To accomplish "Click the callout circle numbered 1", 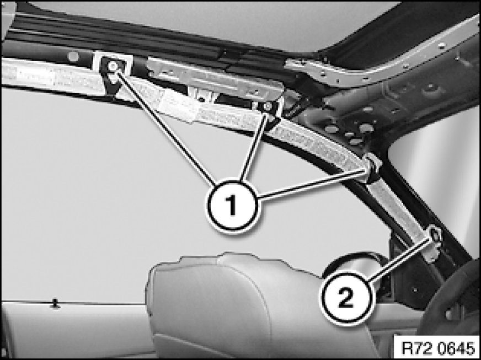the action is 233,206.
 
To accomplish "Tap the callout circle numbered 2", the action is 346,298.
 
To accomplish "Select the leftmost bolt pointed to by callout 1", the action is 113,65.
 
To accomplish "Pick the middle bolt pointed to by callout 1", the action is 268,106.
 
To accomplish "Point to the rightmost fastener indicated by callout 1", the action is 372,167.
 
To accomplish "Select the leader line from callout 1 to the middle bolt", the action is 253,147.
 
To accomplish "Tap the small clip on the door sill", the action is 55,304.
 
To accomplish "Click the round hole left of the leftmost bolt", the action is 73,56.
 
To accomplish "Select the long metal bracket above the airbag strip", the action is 215,78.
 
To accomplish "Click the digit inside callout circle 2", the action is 346,298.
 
